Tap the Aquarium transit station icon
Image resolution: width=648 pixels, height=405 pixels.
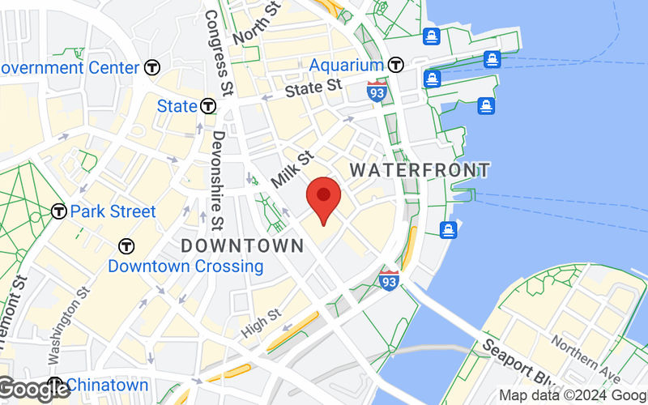(395, 65)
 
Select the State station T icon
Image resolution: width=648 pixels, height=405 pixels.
(209, 106)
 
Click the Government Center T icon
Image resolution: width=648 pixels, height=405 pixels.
(152, 68)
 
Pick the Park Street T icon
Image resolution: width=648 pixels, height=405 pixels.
(58, 211)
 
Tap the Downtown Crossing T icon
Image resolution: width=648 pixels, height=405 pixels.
(126, 245)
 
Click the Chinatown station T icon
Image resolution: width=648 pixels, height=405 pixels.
(55, 384)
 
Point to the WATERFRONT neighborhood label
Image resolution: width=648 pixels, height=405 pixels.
(420, 170)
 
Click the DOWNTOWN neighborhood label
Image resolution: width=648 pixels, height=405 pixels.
(241, 245)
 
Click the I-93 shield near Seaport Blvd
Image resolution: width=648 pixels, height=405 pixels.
(390, 281)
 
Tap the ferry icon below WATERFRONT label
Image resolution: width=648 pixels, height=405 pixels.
(448, 230)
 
